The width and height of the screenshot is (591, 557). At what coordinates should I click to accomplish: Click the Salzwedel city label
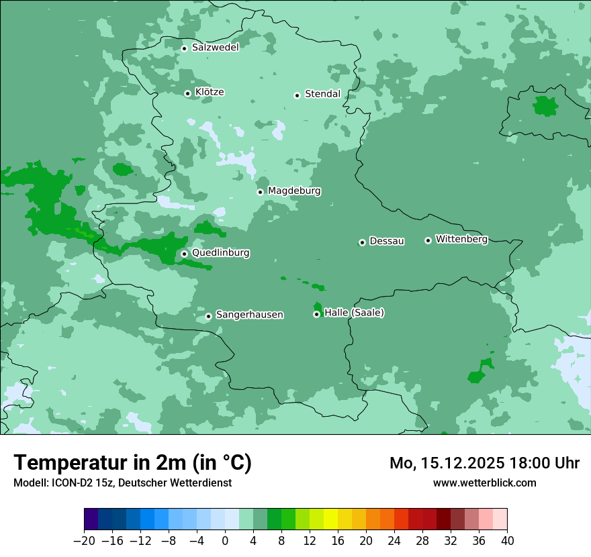[x=215, y=48]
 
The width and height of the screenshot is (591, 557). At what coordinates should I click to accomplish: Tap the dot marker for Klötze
[x=187, y=93]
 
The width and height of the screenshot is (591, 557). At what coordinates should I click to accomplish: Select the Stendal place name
[x=322, y=94]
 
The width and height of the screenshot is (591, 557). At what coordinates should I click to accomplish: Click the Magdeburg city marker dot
[x=260, y=192]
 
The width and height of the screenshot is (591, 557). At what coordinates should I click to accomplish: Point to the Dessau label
[x=387, y=242]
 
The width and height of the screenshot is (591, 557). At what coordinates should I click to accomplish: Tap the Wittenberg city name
[x=461, y=240]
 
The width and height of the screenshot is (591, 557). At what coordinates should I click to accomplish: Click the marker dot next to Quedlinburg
[x=184, y=254]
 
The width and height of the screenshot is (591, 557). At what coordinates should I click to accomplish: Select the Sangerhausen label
[x=249, y=315]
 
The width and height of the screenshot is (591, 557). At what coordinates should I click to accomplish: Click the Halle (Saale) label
[x=354, y=313]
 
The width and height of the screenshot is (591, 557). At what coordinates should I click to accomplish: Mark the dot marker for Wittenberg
[x=428, y=240]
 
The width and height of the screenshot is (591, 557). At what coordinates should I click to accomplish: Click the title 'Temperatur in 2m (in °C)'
[x=132, y=463]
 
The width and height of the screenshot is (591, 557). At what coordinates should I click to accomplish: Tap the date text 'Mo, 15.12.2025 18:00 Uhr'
[x=484, y=463]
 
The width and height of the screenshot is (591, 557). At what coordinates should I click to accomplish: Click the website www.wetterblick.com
[x=484, y=483]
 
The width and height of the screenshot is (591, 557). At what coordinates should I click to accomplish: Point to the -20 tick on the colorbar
[x=85, y=541]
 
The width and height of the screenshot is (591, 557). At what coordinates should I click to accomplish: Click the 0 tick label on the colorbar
[x=225, y=541]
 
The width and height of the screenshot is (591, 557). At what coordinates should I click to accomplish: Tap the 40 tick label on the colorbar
[x=506, y=541]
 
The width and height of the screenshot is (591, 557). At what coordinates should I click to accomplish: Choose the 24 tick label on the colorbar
[x=394, y=541]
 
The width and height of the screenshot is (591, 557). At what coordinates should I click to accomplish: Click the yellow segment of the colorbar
[x=330, y=519]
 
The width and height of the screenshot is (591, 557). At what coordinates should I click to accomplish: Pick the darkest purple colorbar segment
[x=91, y=519]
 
